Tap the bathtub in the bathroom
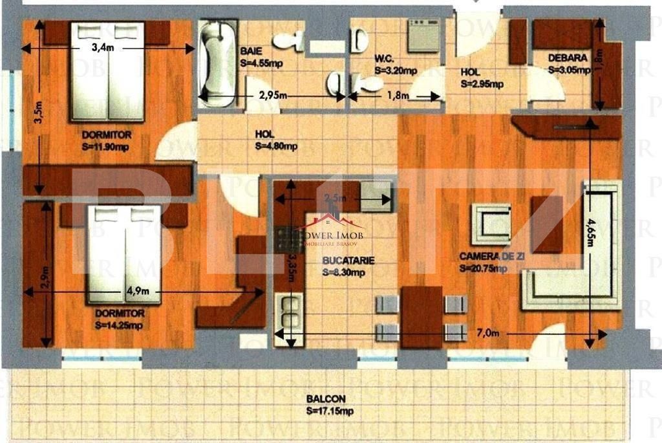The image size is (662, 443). point(216,63)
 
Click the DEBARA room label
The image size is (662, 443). point(568,58)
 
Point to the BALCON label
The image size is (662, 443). point(326,399)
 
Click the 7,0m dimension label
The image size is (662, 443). point(488,334)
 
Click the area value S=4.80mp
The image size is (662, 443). point(276,146)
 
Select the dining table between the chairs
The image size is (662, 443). point(422,314)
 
